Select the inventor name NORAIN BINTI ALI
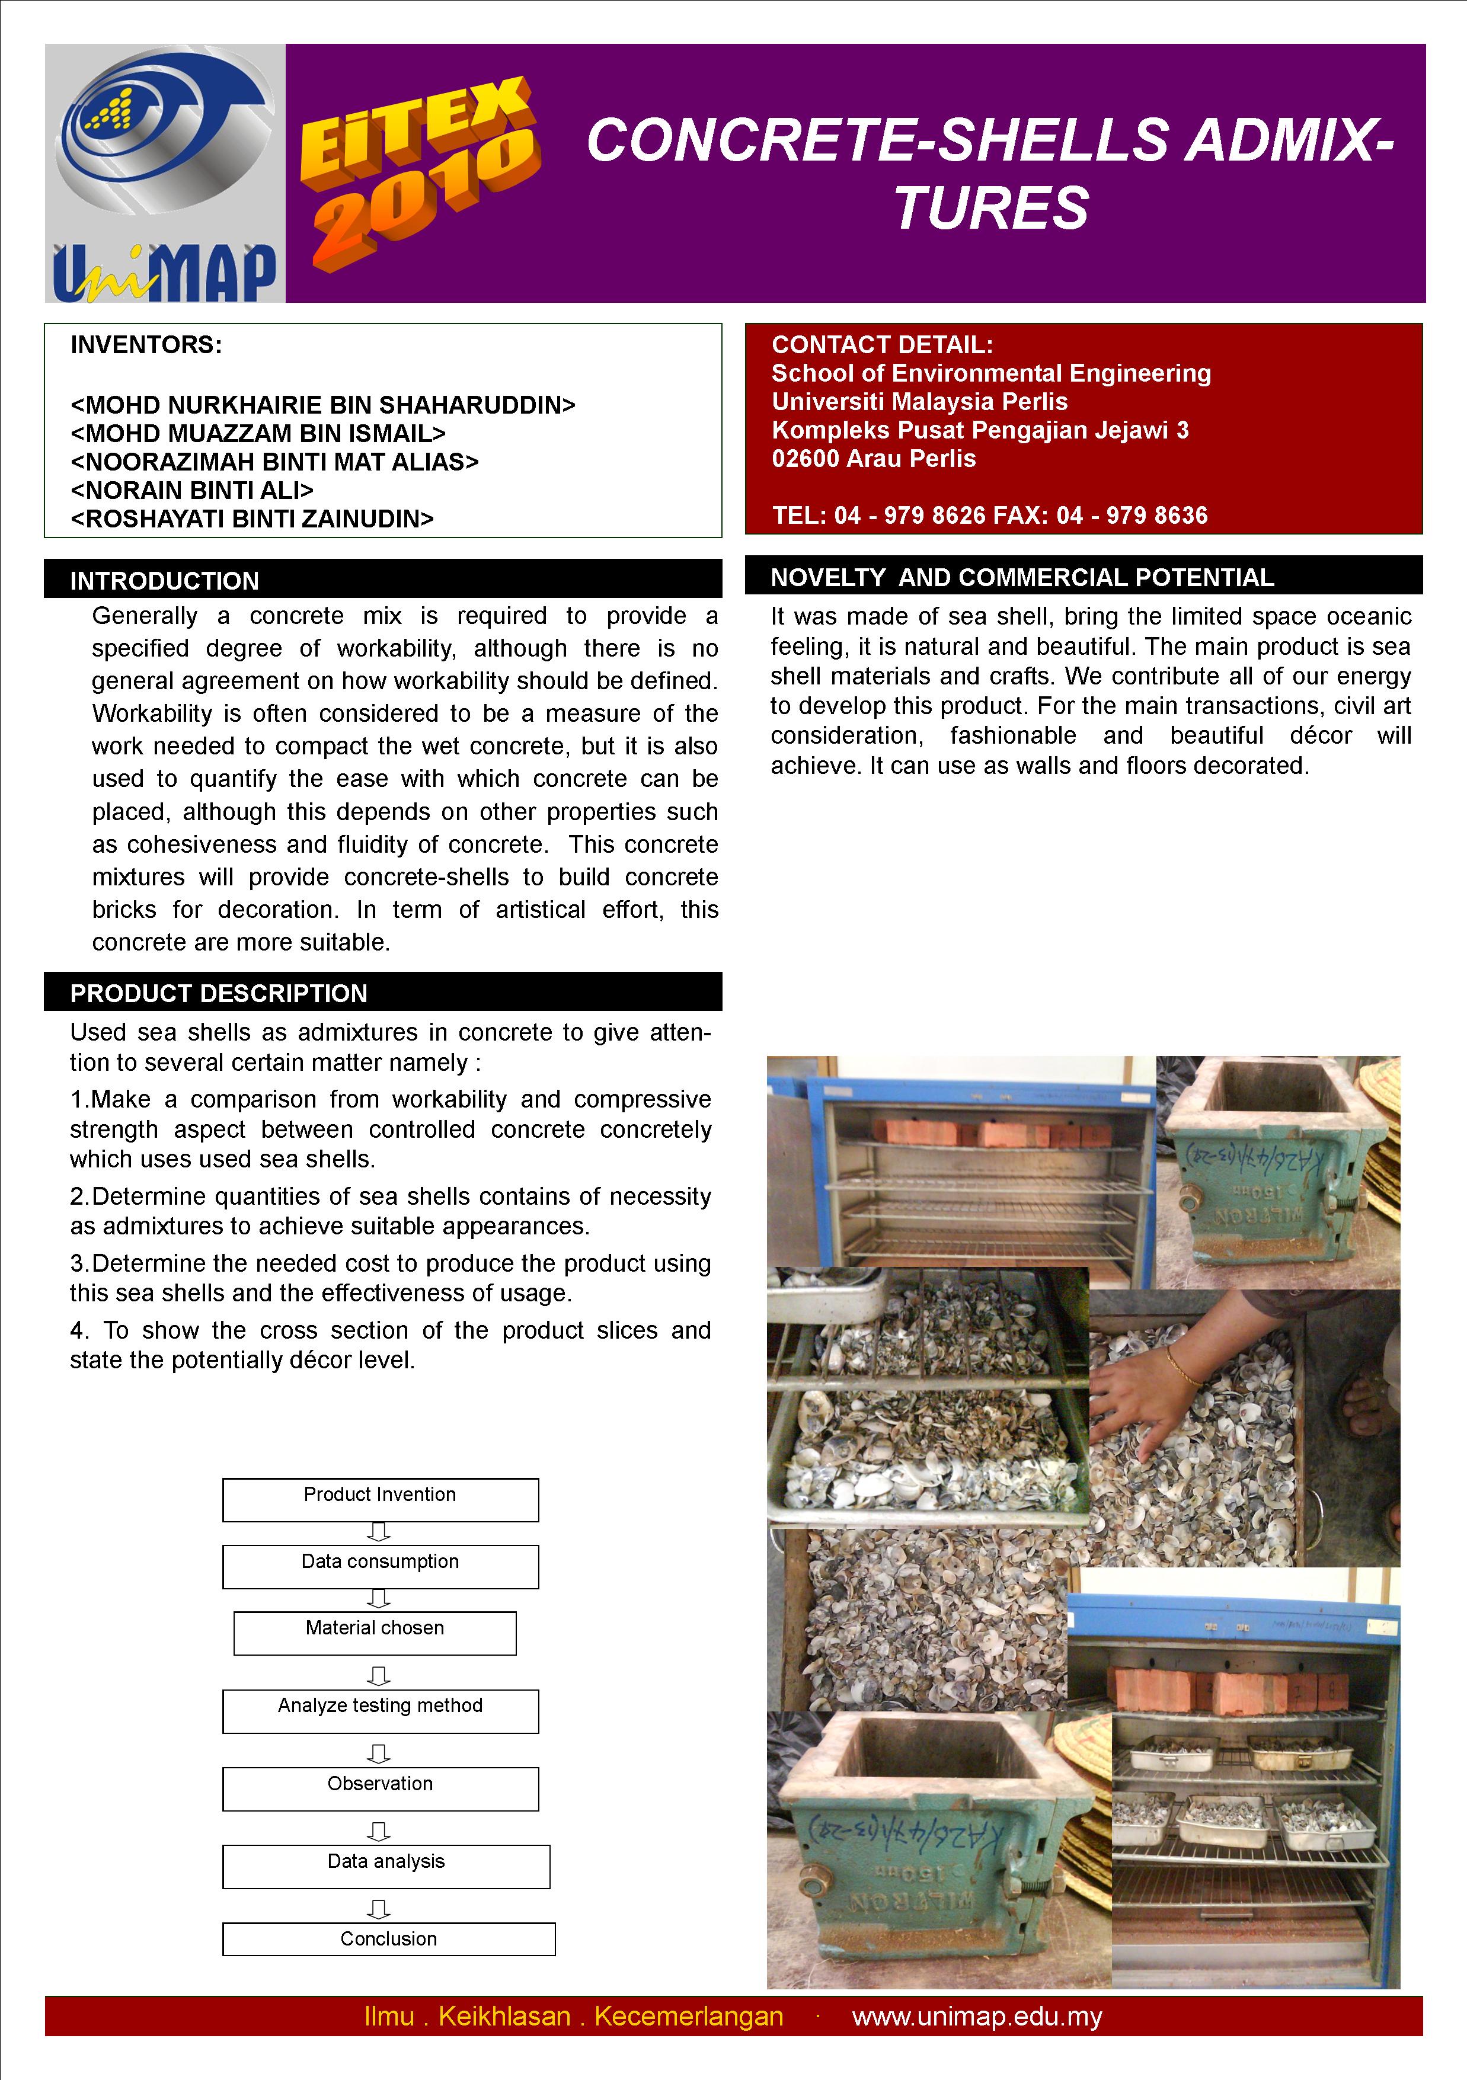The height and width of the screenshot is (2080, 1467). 192,490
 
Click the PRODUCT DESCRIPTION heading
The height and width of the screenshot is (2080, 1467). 218,993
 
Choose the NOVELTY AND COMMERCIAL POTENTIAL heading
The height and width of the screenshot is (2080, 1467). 1021,577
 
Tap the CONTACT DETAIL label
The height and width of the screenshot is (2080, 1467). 881,344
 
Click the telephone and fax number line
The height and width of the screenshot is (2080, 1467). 989,516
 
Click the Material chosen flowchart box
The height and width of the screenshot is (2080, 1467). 374,1633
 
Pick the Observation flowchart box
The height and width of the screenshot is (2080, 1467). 380,1788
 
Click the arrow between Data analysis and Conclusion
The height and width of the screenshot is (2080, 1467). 379,1909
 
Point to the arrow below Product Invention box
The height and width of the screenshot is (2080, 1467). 379,1532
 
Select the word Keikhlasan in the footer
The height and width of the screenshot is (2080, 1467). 504,2017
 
